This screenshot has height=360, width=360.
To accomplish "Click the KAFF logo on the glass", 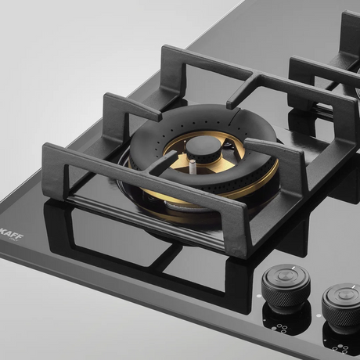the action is tap(13, 236).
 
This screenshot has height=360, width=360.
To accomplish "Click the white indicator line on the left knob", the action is tap(293, 268).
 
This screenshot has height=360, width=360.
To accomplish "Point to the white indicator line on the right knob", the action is tap(353, 287).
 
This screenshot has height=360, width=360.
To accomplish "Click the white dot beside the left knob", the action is tap(258, 296).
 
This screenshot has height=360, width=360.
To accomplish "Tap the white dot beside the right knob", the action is tap(319, 315).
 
